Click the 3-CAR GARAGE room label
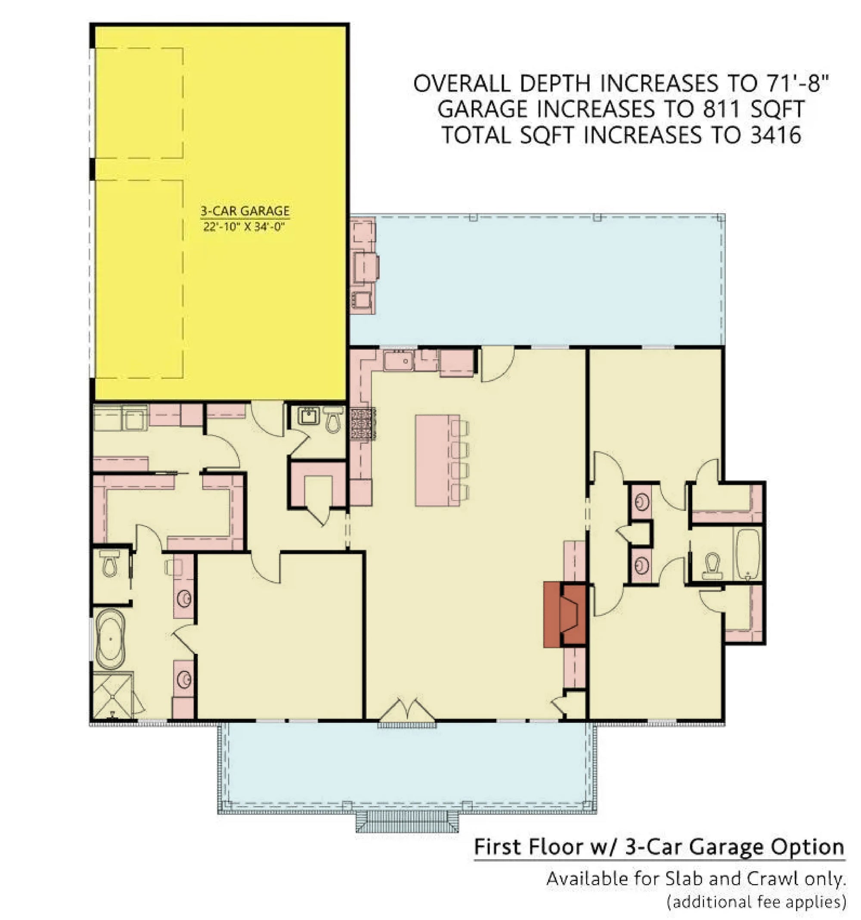(x=245, y=211)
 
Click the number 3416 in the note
(x=775, y=136)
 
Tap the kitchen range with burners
(x=363, y=423)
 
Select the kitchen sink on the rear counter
(x=399, y=361)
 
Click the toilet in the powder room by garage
(x=333, y=418)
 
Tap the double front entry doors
(x=407, y=711)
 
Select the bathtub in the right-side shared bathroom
(x=748, y=553)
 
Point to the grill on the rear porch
(x=365, y=267)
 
